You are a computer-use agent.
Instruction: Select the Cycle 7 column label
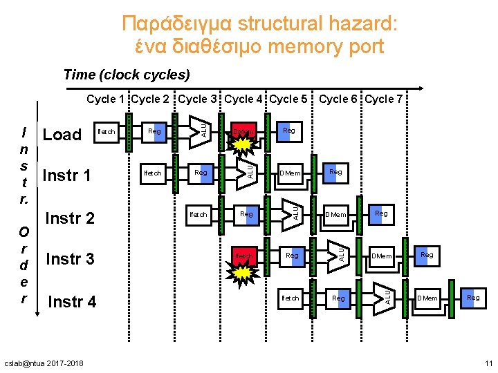pyautogui.click(x=384, y=99)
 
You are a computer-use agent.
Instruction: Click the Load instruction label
pyautogui.click(x=62, y=135)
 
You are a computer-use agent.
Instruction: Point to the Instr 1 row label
pyautogui.click(x=67, y=175)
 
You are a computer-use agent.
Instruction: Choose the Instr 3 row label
pyautogui.click(x=70, y=259)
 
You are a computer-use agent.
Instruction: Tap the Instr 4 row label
pyautogui.click(x=72, y=302)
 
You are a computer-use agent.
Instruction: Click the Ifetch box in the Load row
pyautogui.click(x=107, y=131)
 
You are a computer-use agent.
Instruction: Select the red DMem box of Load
pyautogui.click(x=244, y=131)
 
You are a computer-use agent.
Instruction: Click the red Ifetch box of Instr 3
pyautogui.click(x=244, y=256)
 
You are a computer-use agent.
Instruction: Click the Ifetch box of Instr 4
pyautogui.click(x=290, y=298)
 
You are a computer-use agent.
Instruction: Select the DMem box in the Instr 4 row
pyautogui.click(x=427, y=298)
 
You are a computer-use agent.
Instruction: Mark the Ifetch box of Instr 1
pyautogui.click(x=152, y=173)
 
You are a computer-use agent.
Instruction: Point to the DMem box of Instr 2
pyautogui.click(x=336, y=215)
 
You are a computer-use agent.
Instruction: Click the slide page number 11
pyautogui.click(x=488, y=363)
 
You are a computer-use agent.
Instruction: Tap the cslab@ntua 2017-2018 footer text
pyautogui.click(x=43, y=363)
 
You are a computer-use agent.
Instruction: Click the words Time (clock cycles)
pyautogui.click(x=126, y=74)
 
